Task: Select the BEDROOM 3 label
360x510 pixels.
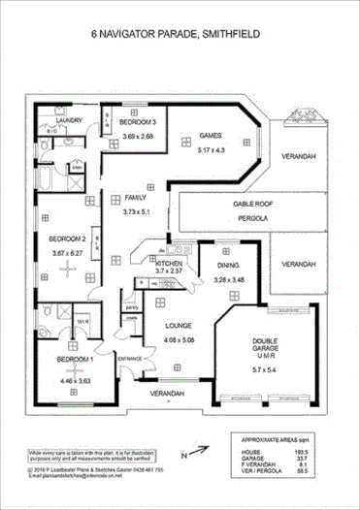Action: [137, 123]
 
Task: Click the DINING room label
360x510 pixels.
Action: [228, 264]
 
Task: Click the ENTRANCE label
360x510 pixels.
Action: [130, 360]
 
